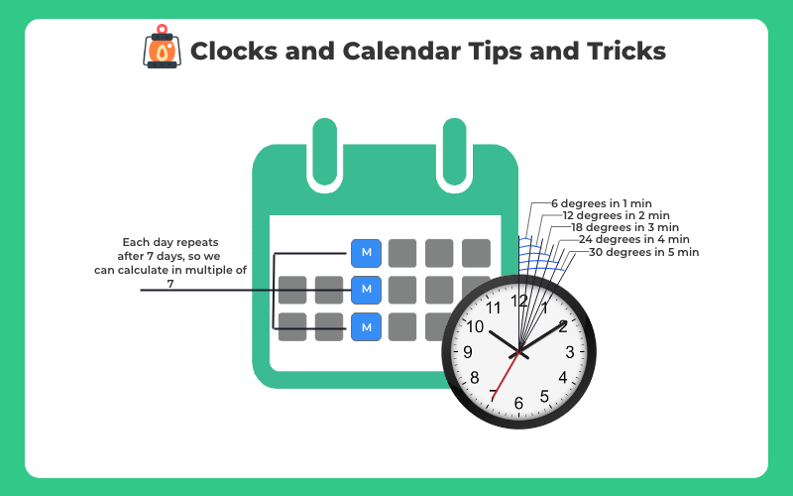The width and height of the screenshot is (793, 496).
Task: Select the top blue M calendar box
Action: (x=367, y=253)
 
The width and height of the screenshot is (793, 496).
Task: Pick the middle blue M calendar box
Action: (x=367, y=289)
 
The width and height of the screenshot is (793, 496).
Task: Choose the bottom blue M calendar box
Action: (x=367, y=325)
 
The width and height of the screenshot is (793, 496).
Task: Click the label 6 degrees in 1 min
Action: (x=602, y=202)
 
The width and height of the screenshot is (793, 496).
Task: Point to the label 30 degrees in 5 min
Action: (x=644, y=252)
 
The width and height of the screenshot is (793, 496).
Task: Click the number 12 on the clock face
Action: (x=519, y=301)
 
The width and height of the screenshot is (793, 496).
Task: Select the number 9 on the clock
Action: (x=468, y=352)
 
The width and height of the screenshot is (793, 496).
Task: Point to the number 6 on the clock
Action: (x=518, y=403)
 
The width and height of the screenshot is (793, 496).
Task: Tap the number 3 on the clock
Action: (x=569, y=352)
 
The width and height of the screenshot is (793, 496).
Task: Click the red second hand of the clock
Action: (x=505, y=378)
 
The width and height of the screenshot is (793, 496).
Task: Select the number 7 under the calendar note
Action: (x=170, y=284)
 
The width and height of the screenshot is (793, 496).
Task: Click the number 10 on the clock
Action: (x=476, y=326)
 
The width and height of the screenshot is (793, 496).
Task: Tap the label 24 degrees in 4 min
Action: (x=634, y=239)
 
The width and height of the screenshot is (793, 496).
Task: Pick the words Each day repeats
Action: (x=170, y=242)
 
